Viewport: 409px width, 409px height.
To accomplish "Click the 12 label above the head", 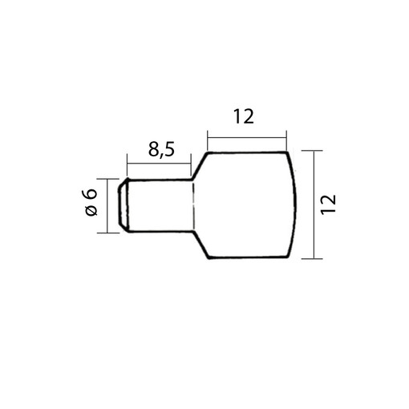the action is click(x=244, y=116).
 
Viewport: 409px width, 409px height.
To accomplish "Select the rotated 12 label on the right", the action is click(x=328, y=204).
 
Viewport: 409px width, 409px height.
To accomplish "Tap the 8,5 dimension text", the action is click(x=161, y=149).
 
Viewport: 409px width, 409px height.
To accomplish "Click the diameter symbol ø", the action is click(x=91, y=210).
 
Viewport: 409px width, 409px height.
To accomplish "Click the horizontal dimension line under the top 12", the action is click(x=247, y=138).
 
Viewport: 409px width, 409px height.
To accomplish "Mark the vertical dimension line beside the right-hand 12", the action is click(x=314, y=204).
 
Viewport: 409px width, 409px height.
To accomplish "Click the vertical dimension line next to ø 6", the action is click(x=107, y=206).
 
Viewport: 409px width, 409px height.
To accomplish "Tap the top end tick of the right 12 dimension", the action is click(x=312, y=151).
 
